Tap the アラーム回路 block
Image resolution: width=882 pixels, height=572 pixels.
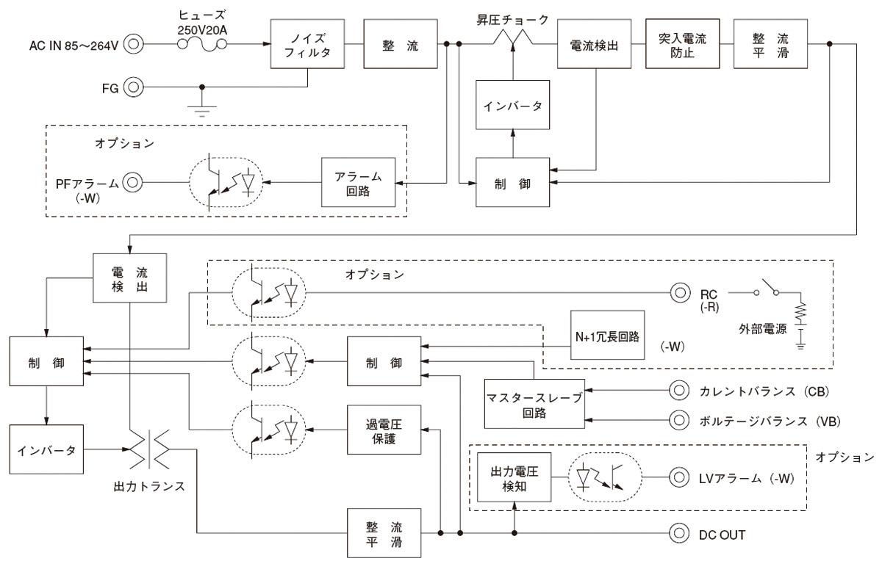click(x=356, y=183)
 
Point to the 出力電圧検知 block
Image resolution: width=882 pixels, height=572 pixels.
click(x=514, y=477)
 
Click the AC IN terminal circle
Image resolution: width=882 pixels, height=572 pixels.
click(x=133, y=45)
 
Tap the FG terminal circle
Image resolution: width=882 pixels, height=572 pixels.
click(x=133, y=87)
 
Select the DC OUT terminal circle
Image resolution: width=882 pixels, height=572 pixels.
click(x=678, y=534)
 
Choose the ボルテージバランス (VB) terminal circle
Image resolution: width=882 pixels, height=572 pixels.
click(x=678, y=421)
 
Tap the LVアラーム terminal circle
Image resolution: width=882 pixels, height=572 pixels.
click(x=678, y=477)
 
